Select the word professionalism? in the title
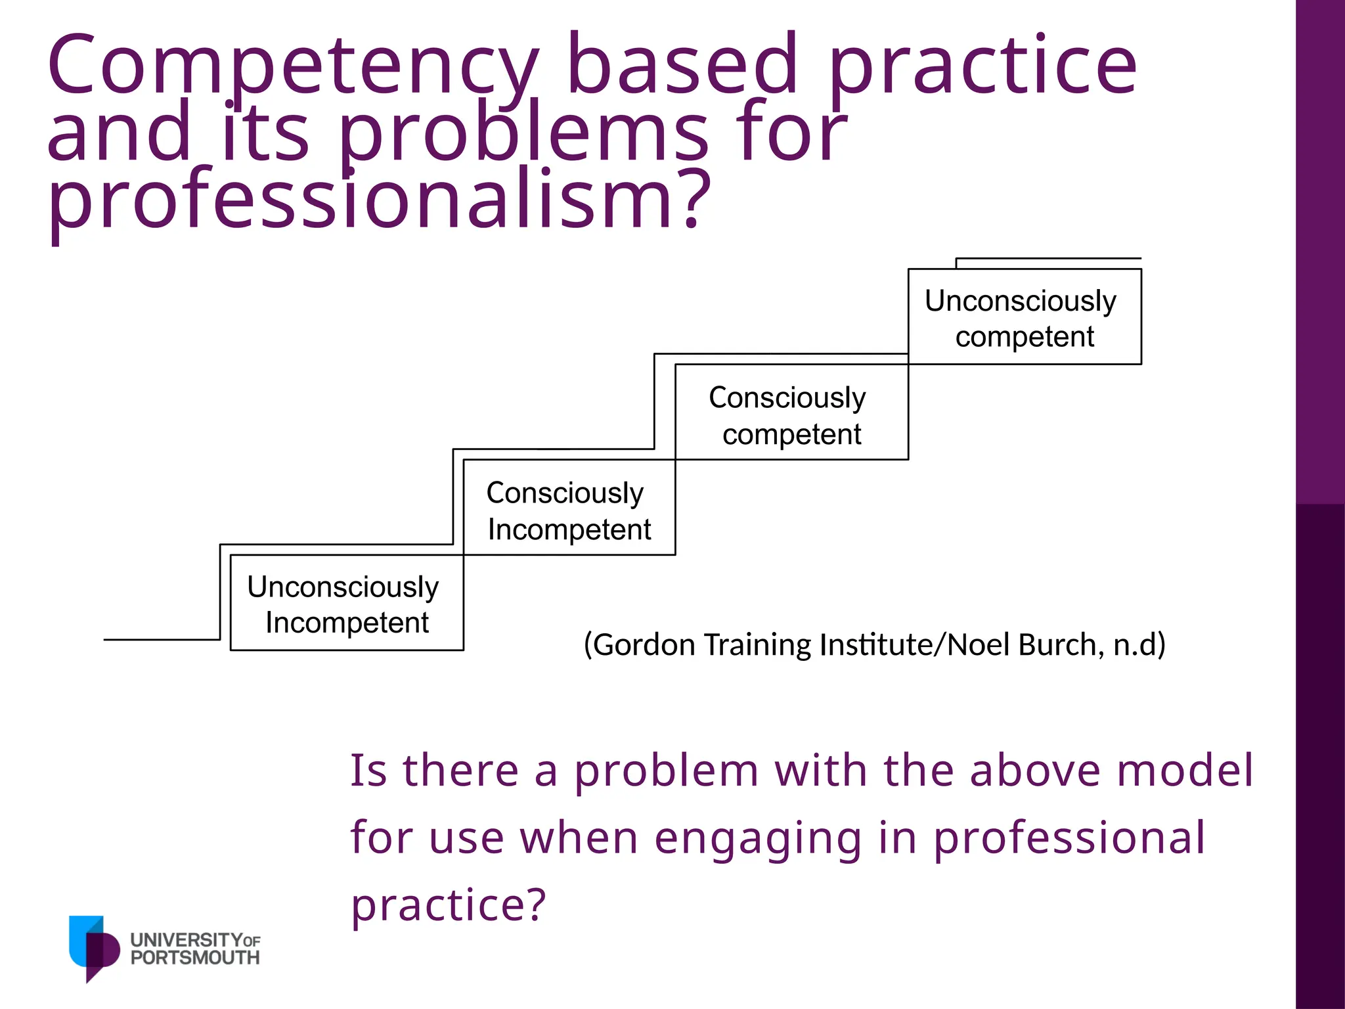379,200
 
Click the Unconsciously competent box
1024,317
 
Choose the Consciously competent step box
791,414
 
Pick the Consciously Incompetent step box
569,509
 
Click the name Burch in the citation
1057,644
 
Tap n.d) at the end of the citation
1139,644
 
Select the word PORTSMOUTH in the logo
195,958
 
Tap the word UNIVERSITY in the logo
187,940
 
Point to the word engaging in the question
758,838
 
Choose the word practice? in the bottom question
449,905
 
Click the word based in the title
683,66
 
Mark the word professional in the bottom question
1069,838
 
